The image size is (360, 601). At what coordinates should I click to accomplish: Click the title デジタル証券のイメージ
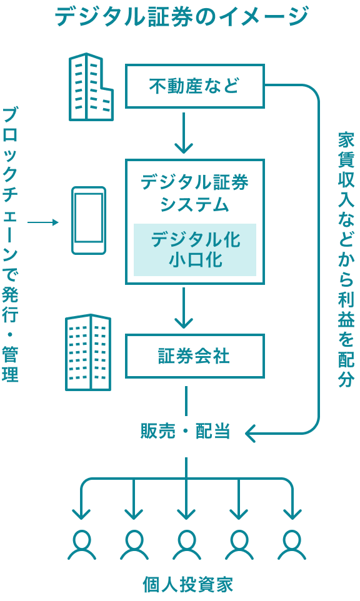tap(181, 17)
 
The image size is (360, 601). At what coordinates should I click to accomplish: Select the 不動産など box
tap(195, 86)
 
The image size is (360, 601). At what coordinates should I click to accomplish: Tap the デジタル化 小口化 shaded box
tap(195, 249)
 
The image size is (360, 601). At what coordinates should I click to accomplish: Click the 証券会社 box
tap(195, 356)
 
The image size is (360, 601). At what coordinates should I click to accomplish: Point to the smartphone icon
tap(88, 221)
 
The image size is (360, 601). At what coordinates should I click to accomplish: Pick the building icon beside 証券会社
tap(88, 352)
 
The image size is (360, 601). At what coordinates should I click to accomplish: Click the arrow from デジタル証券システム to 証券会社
tap(183, 307)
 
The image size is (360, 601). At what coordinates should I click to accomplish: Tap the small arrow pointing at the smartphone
tap(43, 222)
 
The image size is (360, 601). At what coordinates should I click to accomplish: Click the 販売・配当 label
tap(186, 431)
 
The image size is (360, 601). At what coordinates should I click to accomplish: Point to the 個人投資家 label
tap(187, 585)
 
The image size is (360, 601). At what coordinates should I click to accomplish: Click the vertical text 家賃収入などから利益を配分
tap(346, 259)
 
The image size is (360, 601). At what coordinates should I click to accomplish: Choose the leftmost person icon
tap(81, 545)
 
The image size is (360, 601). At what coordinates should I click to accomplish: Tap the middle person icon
tap(186, 545)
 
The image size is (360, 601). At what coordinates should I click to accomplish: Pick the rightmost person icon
tap(292, 545)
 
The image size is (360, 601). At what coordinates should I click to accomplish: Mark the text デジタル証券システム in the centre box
tap(195, 193)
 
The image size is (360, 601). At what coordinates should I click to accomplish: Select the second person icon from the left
tap(134, 545)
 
